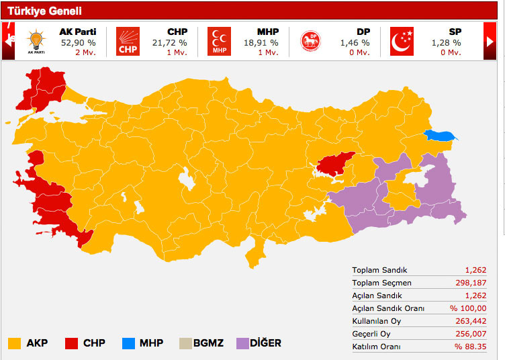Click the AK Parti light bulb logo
36,41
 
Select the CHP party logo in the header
128,41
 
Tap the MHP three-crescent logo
219,41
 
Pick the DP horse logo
310,41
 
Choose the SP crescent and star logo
402,41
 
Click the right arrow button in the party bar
490,41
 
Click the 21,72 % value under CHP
169,42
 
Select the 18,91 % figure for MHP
261,42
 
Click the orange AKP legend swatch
15,343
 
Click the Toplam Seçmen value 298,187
478,283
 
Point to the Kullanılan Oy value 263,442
478,321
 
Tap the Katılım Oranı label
376,347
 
